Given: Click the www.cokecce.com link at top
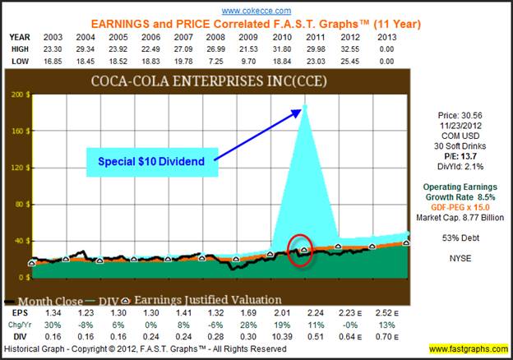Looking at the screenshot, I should tap(256, 10).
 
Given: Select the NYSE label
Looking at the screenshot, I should tap(466, 258).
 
